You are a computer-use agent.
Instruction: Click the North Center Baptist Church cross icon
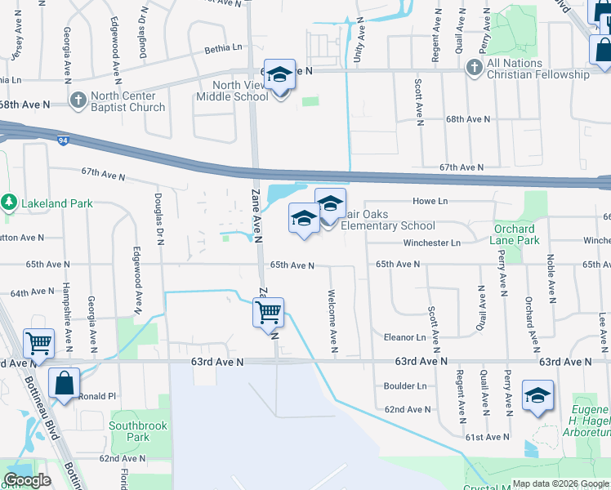tap(78, 101)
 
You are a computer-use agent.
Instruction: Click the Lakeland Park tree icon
tap(9, 200)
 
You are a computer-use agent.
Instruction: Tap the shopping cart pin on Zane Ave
tap(268, 312)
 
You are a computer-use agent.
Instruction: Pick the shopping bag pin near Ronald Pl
tap(64, 383)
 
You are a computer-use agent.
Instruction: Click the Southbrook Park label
tap(129, 431)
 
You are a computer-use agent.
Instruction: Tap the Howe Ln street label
tap(432, 201)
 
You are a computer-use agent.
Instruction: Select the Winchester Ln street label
tap(431, 243)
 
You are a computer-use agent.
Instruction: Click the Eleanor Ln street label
tap(405, 336)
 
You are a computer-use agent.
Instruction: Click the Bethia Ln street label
tap(223, 48)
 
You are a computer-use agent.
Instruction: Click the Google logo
tap(27, 480)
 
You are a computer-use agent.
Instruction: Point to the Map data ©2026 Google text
tap(560, 483)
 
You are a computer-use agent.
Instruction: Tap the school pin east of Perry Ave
tap(537, 395)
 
